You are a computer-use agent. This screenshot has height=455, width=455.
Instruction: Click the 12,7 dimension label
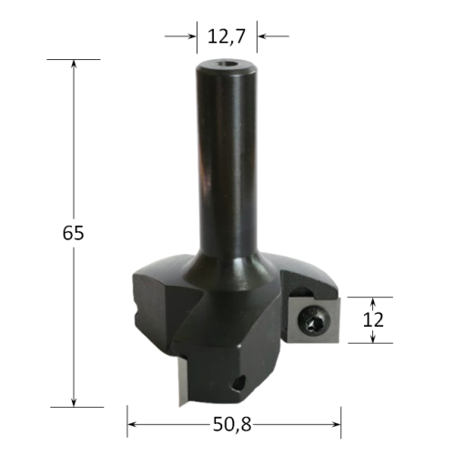(226, 36)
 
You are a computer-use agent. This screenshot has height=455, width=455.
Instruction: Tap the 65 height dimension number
(73, 233)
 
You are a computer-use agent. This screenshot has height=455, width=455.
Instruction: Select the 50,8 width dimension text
(232, 424)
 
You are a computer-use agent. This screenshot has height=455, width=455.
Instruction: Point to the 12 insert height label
(373, 319)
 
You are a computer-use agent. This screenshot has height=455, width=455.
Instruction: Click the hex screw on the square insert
(314, 320)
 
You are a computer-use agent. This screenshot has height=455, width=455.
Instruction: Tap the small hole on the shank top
(226, 64)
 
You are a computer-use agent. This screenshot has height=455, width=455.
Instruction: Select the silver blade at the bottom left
(183, 380)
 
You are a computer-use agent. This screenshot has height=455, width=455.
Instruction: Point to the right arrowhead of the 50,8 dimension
(337, 424)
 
